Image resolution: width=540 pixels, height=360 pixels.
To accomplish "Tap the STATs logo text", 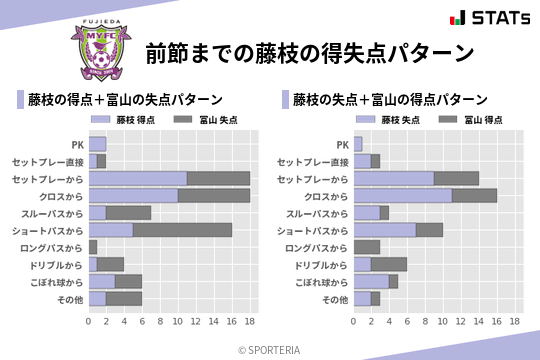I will coord(496,17).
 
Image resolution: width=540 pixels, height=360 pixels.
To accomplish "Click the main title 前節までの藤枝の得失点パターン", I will coord(308,52).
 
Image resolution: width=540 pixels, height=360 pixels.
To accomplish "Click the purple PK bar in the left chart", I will coord(97,144).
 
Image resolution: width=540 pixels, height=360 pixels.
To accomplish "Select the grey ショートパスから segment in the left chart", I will coord(182,230).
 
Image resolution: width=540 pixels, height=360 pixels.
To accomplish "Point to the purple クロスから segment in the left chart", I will coord(133,195).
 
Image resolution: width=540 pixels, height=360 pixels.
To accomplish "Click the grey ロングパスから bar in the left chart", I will coord(93,247).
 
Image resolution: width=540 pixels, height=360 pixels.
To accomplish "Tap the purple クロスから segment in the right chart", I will coord(403,195).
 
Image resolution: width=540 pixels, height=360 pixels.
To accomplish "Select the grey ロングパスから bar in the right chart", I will coord(367,247).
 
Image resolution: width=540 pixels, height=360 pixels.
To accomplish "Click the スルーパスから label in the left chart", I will coord(56,213).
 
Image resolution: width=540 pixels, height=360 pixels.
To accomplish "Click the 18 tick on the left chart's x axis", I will coord(250,322).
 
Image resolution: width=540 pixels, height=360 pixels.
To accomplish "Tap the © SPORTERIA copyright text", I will coord(270,349).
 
